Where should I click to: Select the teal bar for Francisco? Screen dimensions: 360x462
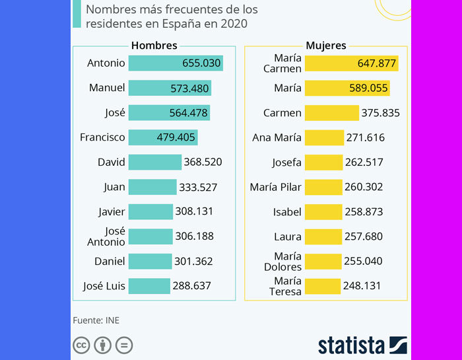click(162, 137)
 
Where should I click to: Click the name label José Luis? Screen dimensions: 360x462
click(104, 286)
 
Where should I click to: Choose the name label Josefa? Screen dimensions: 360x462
click(286, 162)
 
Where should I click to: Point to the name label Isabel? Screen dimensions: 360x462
click(287, 212)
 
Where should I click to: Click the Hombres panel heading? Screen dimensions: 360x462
click(154, 46)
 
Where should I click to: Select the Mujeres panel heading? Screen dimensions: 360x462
click(326, 46)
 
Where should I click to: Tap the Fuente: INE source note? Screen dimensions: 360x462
click(96, 320)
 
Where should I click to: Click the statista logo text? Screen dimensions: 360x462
click(351, 345)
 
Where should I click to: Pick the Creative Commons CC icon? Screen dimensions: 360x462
click(82, 345)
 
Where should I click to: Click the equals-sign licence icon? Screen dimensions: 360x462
click(124, 345)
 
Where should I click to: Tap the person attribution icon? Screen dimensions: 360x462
click(103, 345)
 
